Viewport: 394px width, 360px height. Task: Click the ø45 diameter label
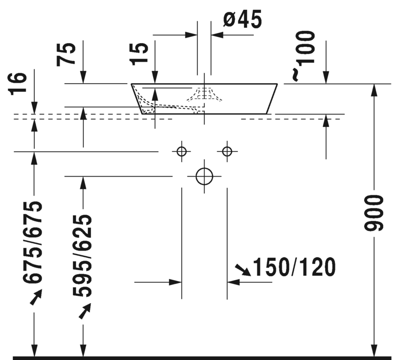coord(242,20)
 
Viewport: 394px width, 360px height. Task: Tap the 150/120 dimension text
coord(294,267)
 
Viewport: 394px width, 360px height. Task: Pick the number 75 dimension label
coord(67,53)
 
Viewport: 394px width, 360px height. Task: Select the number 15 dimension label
coord(139,53)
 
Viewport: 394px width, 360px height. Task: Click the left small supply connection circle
coord(181,151)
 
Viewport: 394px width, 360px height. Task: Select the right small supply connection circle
coord(227,151)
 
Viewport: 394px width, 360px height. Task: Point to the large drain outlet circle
coord(204,176)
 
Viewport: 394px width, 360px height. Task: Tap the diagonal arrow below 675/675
coord(36,297)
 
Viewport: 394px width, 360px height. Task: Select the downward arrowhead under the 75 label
coord(83,77)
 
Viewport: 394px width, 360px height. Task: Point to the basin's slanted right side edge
coord(272,99)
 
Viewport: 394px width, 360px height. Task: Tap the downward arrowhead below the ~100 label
coord(326,77)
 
